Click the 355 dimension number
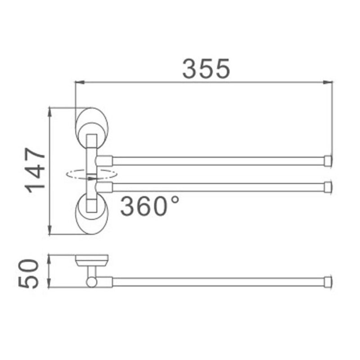tap(206, 68)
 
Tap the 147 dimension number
tap(35, 171)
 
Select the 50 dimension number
tap(28, 274)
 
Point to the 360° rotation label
tap(149, 206)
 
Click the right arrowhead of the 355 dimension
tap(328, 82)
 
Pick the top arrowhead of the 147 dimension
tap(49, 112)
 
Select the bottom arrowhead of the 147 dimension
tap(49, 230)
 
